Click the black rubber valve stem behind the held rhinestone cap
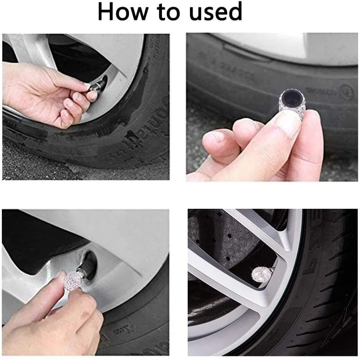pyautogui.click(x=90, y=265)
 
